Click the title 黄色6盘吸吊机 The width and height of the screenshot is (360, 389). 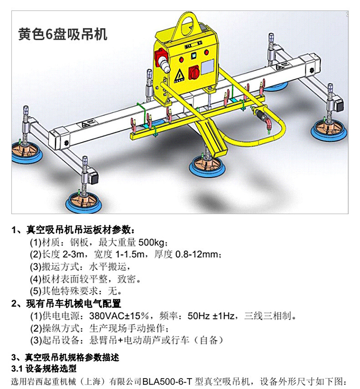click(x=63, y=35)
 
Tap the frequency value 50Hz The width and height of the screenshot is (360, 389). click(x=198, y=315)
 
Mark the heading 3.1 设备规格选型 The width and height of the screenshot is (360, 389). click(x=44, y=368)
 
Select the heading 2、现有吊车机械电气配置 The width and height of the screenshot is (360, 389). click(x=66, y=303)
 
